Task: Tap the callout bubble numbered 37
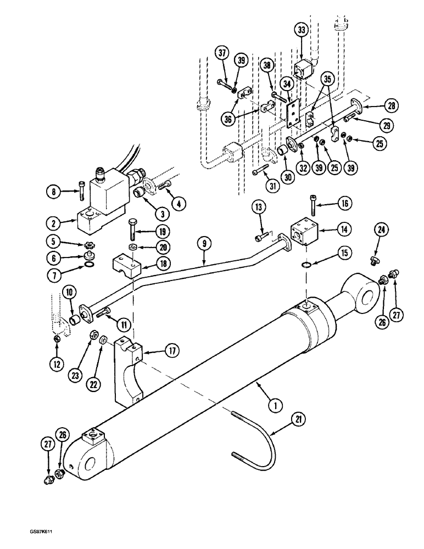pos(221,54)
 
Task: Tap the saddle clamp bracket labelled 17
pos(129,368)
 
